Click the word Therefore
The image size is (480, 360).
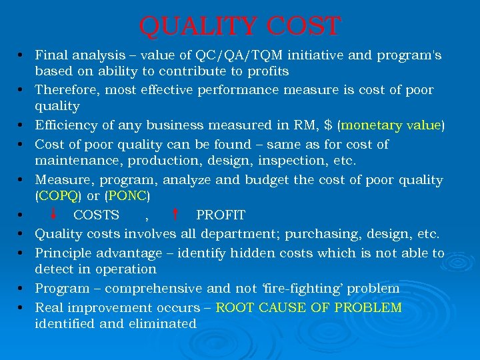[65, 89]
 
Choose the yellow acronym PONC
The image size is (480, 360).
[128, 197]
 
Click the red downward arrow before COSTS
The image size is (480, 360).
[53, 214]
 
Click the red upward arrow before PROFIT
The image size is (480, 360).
[174, 214]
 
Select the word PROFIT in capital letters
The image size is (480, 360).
[221, 215]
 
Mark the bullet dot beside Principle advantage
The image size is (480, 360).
[22, 253]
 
